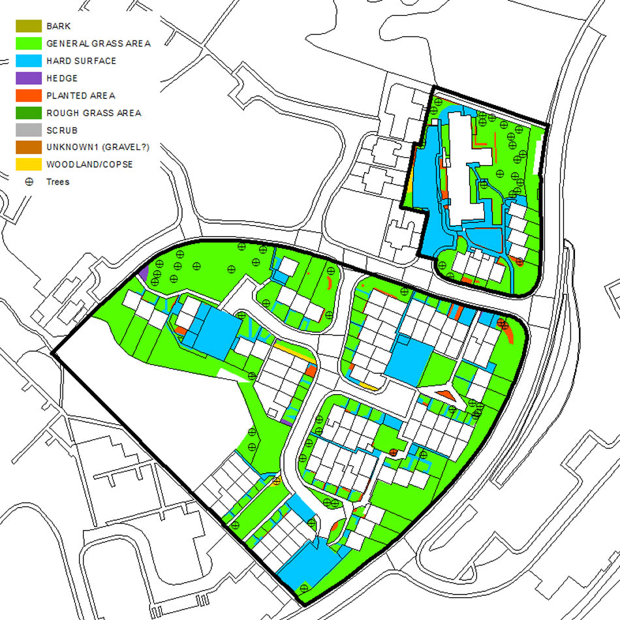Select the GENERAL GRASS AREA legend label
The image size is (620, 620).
(99, 44)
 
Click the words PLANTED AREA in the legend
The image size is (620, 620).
(80, 95)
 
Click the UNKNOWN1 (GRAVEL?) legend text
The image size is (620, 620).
(98, 147)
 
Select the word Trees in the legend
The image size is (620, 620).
(57, 182)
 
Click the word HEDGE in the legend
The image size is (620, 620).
(62, 78)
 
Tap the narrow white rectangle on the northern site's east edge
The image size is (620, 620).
(537, 157)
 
